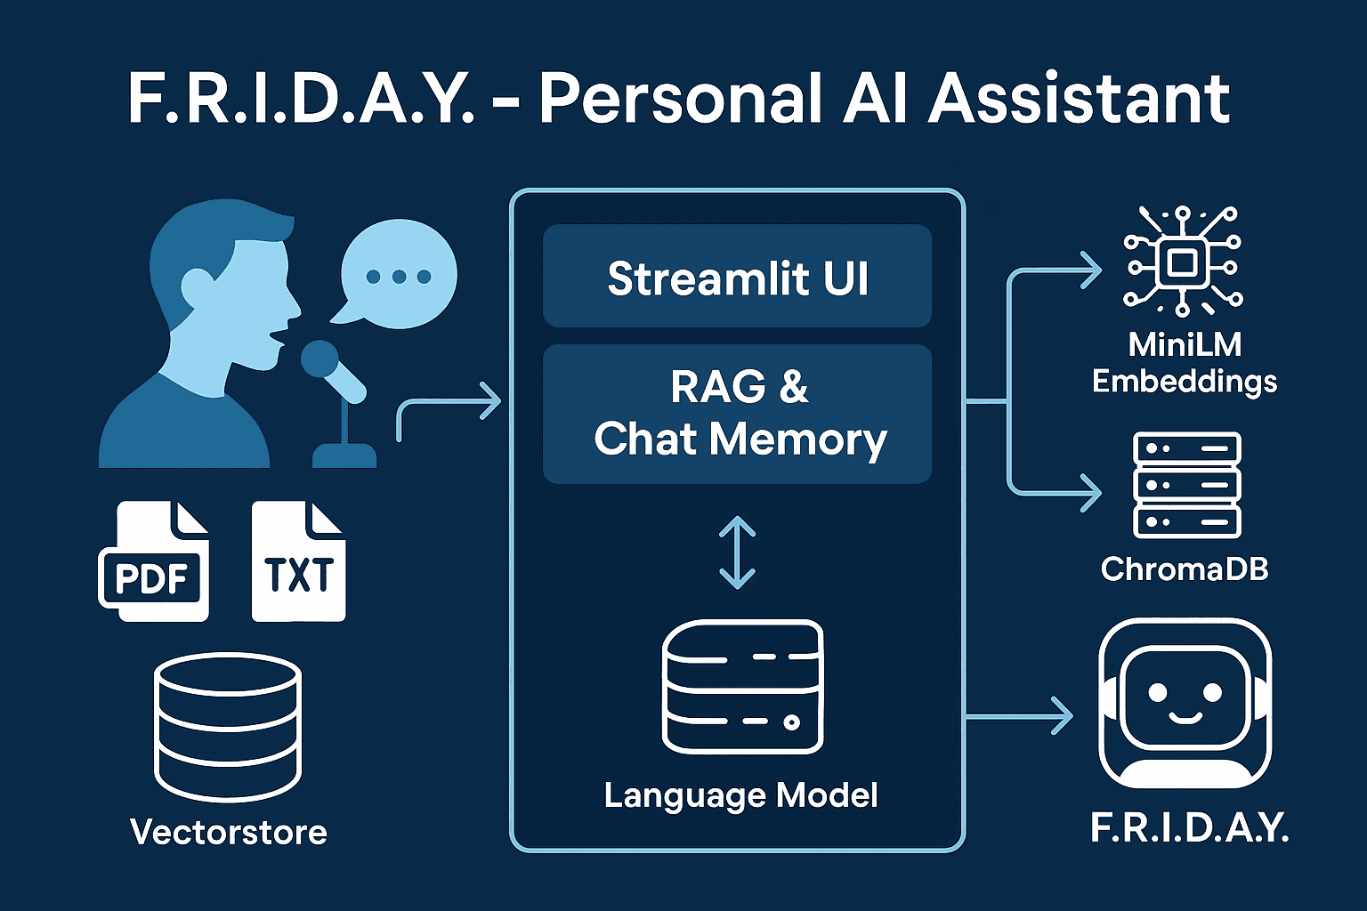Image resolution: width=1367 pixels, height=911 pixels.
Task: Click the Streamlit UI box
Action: [x=737, y=277]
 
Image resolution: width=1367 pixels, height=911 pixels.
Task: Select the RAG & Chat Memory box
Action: [x=737, y=414]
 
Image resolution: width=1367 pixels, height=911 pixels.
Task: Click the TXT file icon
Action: [x=298, y=562]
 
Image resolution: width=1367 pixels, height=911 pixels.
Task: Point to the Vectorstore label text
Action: [x=229, y=833]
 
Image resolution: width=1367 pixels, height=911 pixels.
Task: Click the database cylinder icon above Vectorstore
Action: [x=228, y=725]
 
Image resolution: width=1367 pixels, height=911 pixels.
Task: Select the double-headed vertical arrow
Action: [x=737, y=552]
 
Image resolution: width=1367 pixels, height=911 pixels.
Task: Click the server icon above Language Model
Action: [x=743, y=687]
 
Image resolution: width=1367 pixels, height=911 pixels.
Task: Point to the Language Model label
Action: [x=740, y=795]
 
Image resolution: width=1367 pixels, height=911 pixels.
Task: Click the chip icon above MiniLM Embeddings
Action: [x=1182, y=262]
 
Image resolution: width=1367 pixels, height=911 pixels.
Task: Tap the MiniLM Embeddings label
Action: [x=1185, y=363]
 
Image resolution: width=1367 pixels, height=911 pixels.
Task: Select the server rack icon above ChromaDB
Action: [x=1186, y=485]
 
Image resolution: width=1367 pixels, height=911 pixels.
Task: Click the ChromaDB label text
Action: [x=1185, y=569]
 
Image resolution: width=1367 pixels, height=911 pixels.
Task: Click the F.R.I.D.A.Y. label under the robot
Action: [x=1189, y=829]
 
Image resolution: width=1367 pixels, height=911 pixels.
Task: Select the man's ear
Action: [x=197, y=286]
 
